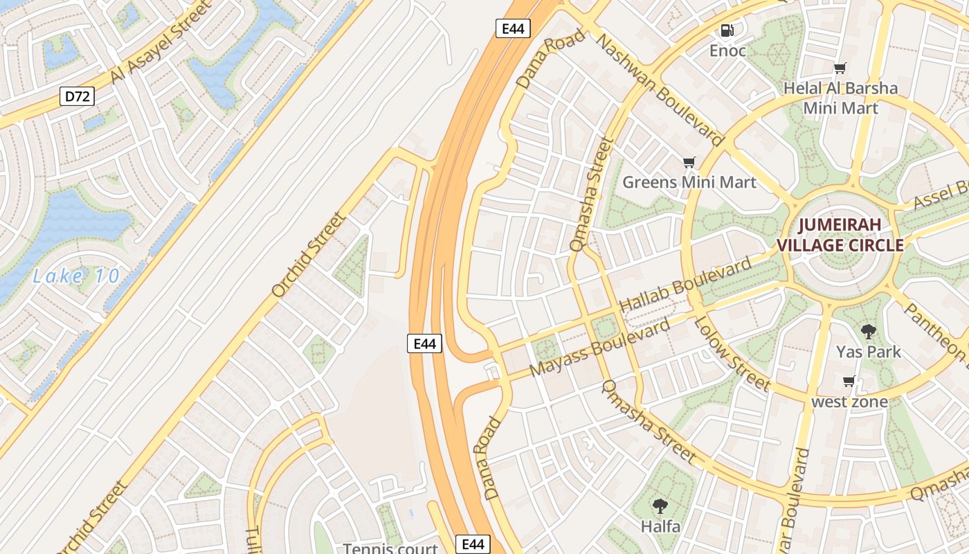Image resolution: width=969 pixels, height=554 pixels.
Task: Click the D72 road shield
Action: (77, 96)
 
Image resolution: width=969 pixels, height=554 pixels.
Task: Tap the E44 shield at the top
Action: (513, 28)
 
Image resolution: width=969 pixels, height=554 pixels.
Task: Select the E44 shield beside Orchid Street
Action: (424, 343)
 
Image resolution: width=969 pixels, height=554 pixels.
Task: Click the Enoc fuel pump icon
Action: (727, 30)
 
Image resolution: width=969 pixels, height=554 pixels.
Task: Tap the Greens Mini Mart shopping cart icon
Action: (689, 163)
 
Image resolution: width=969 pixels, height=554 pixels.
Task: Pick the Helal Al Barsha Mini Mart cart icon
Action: (840, 68)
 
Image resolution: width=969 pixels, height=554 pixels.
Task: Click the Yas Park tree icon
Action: (868, 332)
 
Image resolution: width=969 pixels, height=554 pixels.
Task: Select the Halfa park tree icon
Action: (660, 507)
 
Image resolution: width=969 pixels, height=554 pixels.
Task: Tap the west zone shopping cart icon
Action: (849, 382)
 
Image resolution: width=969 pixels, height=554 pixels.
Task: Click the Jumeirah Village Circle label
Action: (840, 235)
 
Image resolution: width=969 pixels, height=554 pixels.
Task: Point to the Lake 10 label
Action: (76, 277)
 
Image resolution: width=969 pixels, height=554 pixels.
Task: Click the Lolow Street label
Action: (732, 352)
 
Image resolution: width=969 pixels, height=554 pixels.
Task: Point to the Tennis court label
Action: (391, 548)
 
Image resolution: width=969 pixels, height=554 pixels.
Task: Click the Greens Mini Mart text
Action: (689, 182)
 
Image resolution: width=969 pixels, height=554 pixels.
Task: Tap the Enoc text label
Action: (727, 51)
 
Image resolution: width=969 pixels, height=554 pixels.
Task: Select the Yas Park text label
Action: (868, 352)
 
